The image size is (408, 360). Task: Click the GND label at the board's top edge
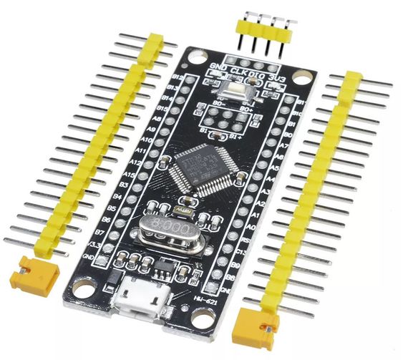pos(219,67)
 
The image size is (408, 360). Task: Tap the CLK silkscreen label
pos(239,70)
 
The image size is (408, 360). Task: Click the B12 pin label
pos(179,77)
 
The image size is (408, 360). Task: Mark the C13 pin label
pos(245,252)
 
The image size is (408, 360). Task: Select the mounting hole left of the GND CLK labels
pos(195,57)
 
